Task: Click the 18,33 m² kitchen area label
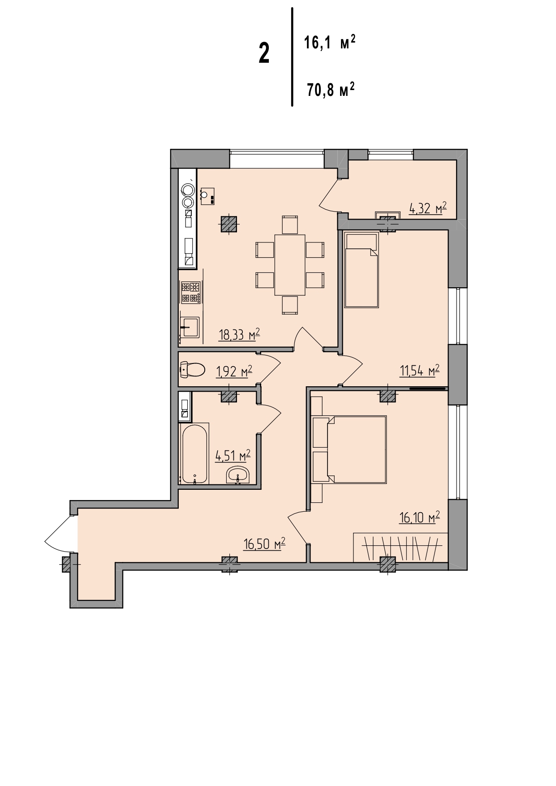click(239, 334)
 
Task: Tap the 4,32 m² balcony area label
click(428, 208)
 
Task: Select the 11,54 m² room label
click(419, 370)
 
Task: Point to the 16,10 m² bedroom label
click(419, 517)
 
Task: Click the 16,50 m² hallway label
click(264, 544)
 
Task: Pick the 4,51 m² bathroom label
click(233, 456)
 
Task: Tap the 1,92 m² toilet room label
click(234, 371)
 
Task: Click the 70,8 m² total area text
click(331, 90)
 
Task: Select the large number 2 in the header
click(264, 53)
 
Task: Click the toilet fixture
click(192, 370)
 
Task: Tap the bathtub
click(195, 453)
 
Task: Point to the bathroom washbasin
click(238, 475)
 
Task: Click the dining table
click(290, 265)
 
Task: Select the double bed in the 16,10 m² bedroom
click(349, 449)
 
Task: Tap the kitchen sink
click(190, 327)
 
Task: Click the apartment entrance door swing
click(59, 534)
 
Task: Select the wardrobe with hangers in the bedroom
click(400, 547)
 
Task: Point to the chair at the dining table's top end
click(290, 225)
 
